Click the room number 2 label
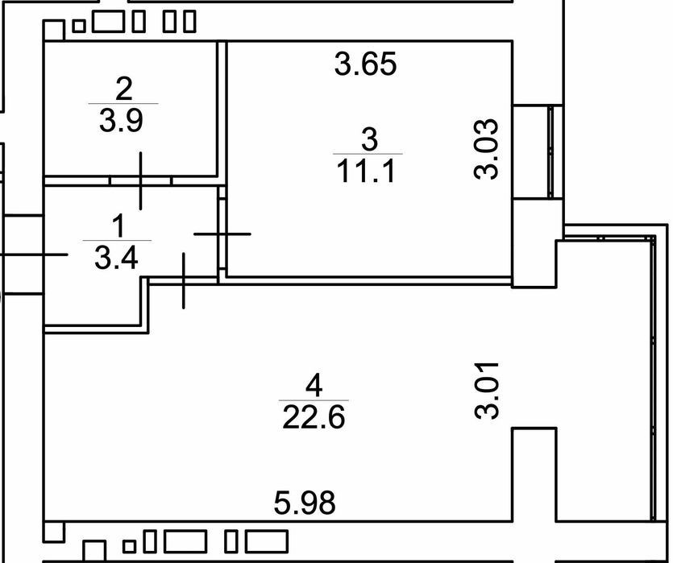[x=124, y=89]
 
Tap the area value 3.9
[x=121, y=121]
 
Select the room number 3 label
[x=369, y=139]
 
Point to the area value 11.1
[x=366, y=171]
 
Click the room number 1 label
[x=118, y=226]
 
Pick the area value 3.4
[x=116, y=258]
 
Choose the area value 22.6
[x=314, y=417]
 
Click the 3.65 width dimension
[x=366, y=64]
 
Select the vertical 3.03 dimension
[x=487, y=148]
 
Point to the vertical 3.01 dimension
[x=487, y=391]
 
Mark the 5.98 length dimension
[x=305, y=503]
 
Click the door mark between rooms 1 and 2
[x=141, y=180]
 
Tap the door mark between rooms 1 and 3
[x=222, y=234]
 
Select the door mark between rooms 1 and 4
[x=184, y=280]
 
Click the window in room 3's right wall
[x=552, y=151]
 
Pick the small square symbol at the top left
[x=78, y=26]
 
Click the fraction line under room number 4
[x=314, y=400]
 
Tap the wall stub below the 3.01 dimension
[x=534, y=474]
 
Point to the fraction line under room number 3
[x=368, y=154]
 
